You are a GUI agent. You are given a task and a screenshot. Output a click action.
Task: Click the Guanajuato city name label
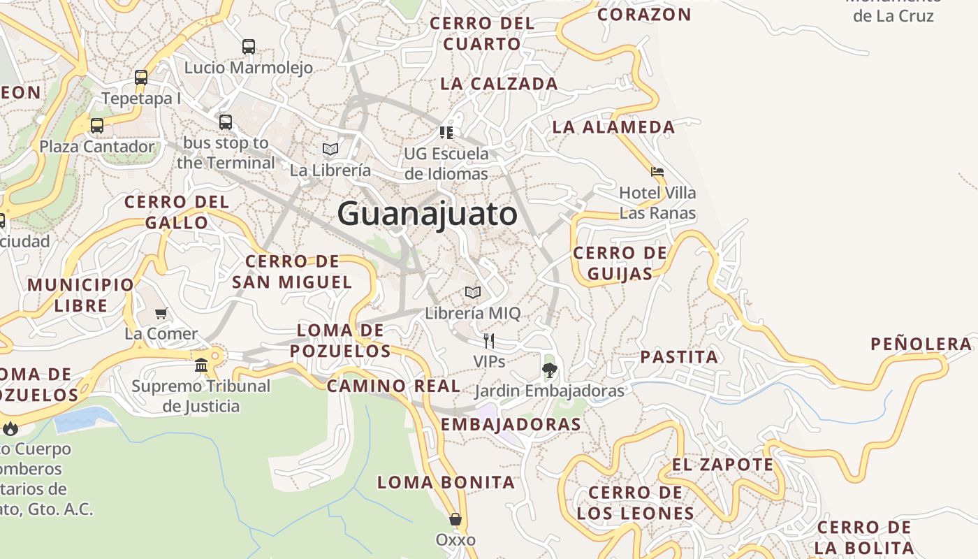[428, 214]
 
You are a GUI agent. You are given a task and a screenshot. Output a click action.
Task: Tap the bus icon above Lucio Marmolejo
[249, 47]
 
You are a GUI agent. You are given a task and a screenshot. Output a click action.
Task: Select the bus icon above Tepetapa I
[141, 78]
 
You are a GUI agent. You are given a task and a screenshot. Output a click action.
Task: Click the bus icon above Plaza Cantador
[97, 126]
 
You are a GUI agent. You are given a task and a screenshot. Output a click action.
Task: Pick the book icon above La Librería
[330, 149]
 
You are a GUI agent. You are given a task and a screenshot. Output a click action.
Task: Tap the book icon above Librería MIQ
[473, 292]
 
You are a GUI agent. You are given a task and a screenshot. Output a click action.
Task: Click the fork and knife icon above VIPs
[489, 341]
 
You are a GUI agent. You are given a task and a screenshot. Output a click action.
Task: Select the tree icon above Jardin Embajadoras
[550, 370]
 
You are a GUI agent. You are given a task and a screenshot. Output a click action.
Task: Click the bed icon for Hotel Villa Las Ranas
[657, 171]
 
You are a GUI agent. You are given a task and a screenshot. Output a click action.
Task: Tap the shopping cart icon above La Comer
[161, 313]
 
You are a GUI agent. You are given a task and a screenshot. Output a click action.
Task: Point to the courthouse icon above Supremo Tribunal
[201, 365]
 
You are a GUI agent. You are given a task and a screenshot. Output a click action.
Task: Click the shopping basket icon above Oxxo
[455, 519]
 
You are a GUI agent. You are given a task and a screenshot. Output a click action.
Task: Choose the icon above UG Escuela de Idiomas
[446, 132]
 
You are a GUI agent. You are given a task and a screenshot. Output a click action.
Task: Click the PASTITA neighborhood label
[679, 357]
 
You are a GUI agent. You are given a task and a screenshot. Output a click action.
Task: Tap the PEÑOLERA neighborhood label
[921, 344]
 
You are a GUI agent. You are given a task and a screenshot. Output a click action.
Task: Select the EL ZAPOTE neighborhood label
[723, 465]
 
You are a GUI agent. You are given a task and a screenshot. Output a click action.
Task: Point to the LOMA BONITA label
[446, 482]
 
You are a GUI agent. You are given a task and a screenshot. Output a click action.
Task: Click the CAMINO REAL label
[394, 386]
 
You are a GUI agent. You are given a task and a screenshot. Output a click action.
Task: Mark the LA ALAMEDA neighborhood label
[614, 127]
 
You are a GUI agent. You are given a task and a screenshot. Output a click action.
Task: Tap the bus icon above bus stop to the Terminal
[225, 122]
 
